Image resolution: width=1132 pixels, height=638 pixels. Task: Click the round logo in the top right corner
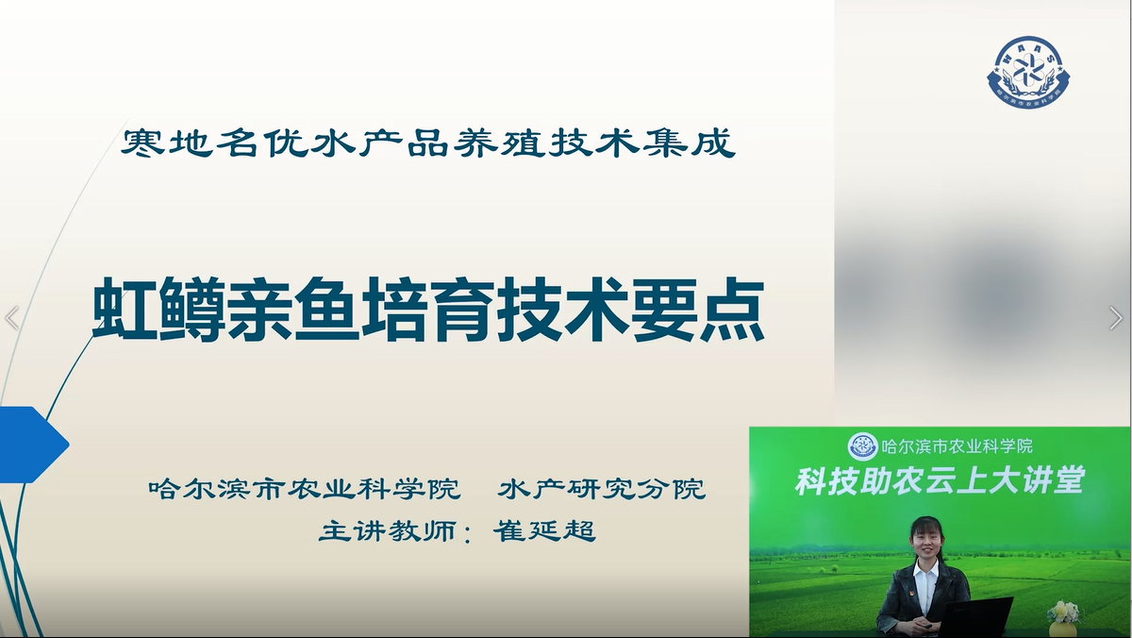coord(1028,73)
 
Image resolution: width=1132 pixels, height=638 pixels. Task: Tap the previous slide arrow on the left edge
coord(11,318)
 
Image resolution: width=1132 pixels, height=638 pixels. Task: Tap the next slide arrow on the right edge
coord(1116,318)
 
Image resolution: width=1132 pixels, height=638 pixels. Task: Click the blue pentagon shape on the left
coord(33,445)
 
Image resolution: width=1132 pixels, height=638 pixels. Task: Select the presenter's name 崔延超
coord(545,530)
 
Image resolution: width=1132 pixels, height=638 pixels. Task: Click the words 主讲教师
coord(388,530)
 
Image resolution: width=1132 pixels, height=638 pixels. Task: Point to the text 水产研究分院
coord(602,488)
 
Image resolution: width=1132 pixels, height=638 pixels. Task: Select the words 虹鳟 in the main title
coord(158,310)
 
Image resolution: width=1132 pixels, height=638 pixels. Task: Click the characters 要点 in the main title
coord(698,310)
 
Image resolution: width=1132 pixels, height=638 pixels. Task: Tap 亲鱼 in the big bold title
coord(293,310)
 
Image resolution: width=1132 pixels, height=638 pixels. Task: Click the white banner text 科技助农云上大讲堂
coord(940,480)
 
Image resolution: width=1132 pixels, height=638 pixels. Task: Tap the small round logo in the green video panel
coord(862,446)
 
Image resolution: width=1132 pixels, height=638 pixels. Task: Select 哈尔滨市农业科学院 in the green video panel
coord(957,445)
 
